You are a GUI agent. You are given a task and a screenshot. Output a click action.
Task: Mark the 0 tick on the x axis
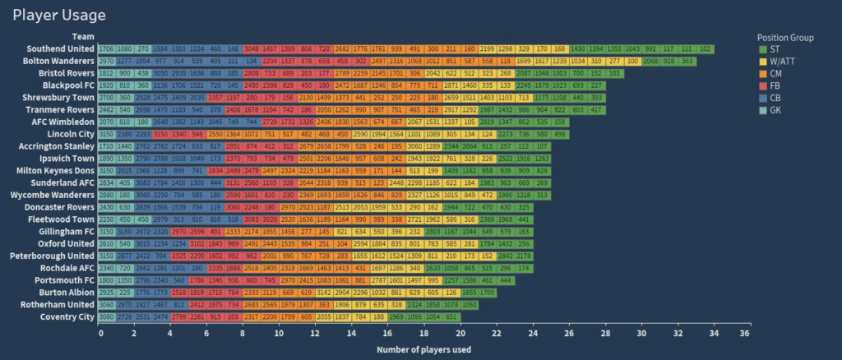(x=100, y=335)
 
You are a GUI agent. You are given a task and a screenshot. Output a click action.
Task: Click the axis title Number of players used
(x=423, y=350)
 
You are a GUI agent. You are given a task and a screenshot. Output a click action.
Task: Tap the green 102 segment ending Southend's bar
(x=706, y=49)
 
